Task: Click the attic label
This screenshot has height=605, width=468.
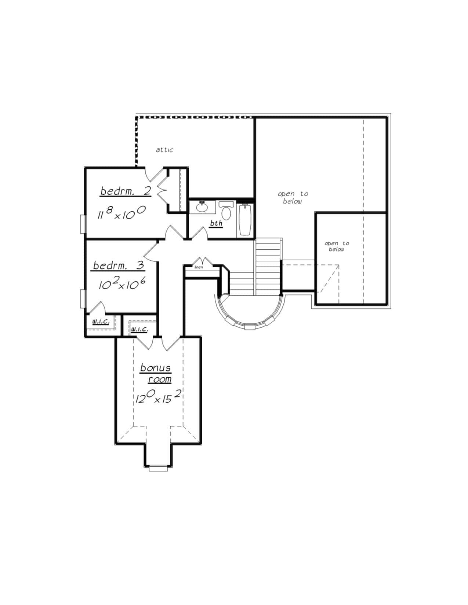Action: point(164,150)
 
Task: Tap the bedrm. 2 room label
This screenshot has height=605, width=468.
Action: point(126,191)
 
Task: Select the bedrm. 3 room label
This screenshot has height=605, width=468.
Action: point(119,265)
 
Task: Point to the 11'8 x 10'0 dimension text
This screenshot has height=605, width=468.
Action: point(121,213)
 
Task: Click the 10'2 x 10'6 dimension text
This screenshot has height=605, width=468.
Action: point(122,284)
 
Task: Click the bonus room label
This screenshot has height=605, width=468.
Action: point(156,373)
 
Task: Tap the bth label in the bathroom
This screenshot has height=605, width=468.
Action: point(216,223)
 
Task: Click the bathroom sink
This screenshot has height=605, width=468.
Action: point(202,207)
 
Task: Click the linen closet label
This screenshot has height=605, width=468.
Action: point(199,267)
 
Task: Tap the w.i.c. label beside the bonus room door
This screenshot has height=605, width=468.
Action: point(139,329)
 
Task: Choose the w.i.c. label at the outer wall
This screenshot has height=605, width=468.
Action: point(101,322)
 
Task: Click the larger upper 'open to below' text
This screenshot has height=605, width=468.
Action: point(293,197)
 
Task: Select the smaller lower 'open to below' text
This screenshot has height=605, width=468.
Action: point(337,246)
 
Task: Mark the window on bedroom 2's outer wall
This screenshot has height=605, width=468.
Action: point(83,224)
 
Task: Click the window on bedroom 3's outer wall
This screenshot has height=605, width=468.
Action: point(83,298)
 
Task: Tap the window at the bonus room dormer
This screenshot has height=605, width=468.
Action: point(158,468)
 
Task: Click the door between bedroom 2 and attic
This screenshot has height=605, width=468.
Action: point(154,174)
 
